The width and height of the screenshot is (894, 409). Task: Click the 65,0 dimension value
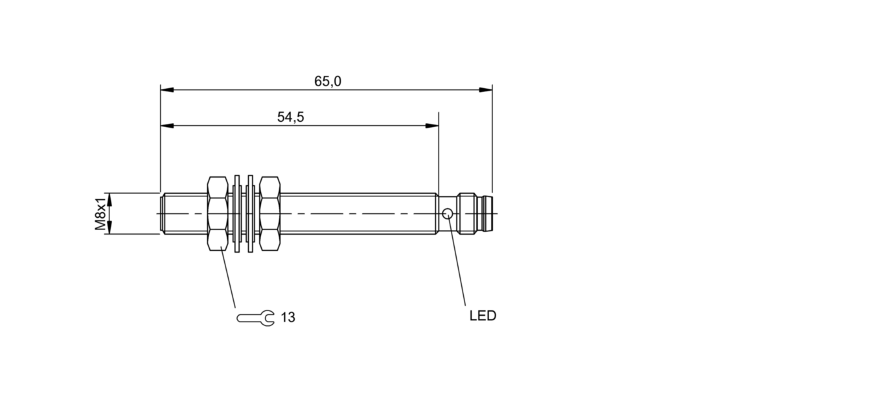[328, 82]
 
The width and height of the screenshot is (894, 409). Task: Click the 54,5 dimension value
[290, 117]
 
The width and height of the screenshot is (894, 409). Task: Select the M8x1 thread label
[101, 213]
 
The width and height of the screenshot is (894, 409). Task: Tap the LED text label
[483, 316]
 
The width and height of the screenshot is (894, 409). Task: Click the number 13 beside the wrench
[288, 318]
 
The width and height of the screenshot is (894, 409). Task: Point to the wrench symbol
[255, 318]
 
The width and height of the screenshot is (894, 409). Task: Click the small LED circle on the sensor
[448, 214]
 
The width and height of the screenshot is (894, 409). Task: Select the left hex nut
[218, 214]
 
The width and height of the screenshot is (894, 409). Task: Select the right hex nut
[269, 214]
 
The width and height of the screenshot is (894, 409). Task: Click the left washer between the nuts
[237, 214]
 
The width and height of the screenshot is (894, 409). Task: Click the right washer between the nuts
[250, 214]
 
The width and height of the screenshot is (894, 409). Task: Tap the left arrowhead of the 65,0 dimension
[167, 90]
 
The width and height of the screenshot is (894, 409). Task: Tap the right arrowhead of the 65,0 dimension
[486, 90]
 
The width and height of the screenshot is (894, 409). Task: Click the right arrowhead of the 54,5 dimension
[432, 126]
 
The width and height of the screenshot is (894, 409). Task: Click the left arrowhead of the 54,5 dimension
[167, 126]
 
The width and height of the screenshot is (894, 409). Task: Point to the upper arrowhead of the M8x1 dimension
[109, 200]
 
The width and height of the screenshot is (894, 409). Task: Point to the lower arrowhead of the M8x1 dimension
[109, 228]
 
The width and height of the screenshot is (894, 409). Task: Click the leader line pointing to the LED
[457, 262]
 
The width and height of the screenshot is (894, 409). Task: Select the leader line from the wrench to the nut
[228, 277]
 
